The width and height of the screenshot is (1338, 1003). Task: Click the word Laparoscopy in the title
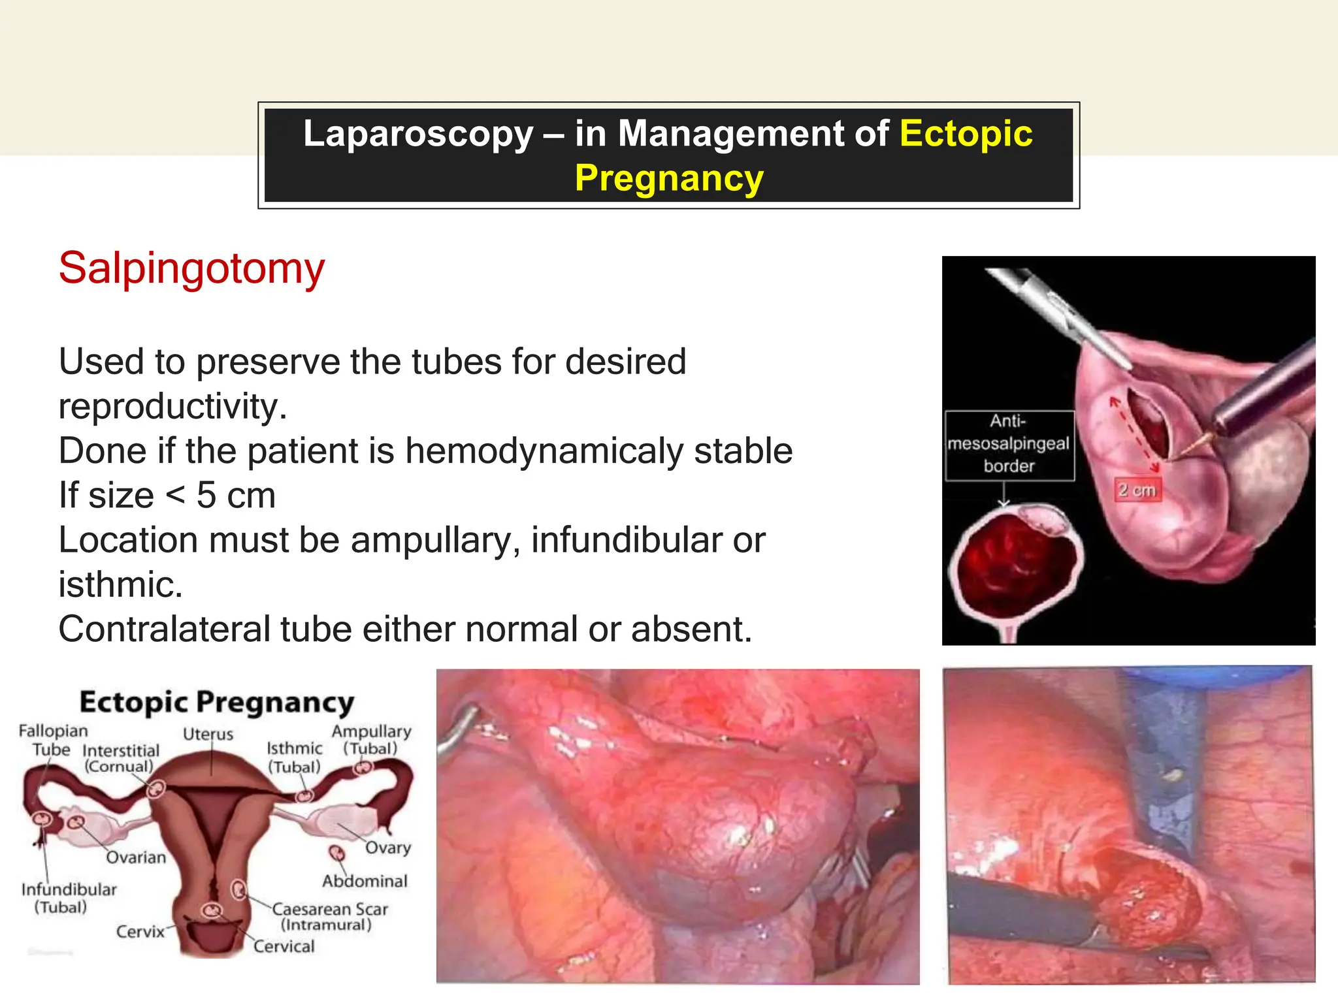pos(418,134)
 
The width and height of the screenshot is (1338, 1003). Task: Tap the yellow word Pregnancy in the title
pos(669,178)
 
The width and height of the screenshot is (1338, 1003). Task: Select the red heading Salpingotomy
pos(191,268)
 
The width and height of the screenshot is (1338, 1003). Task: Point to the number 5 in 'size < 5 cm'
pos(206,496)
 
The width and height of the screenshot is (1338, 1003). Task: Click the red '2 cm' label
pos(1137,490)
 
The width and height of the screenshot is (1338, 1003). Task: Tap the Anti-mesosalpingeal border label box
pos(1009,444)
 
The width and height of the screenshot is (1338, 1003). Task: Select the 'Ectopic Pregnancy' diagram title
pos(217,703)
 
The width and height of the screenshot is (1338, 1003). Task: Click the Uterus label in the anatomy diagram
pos(208,734)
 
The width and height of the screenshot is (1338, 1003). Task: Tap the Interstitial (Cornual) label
pos(120,758)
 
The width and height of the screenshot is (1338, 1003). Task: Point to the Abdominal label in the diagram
pos(365,882)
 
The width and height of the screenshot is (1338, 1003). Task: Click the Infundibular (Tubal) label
pos(68,898)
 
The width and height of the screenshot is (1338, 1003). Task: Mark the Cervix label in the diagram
pos(140,932)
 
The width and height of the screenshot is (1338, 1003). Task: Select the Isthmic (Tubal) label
pos(294,757)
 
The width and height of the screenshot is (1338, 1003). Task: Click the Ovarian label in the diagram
pos(136,857)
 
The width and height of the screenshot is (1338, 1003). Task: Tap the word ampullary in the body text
pos(431,541)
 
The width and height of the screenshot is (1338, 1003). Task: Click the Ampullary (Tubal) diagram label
pos(371,739)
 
